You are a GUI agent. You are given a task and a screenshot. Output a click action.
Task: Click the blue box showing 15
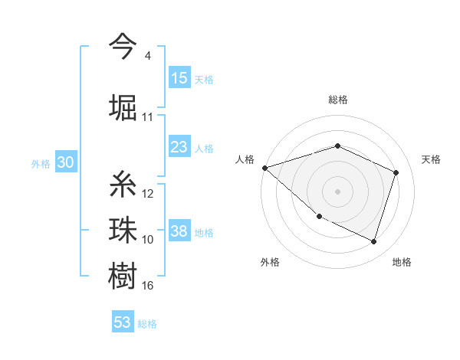[x=179, y=78]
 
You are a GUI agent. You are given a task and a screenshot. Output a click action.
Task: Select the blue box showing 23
[x=179, y=147]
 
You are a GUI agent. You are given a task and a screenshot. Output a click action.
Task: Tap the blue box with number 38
[x=179, y=232]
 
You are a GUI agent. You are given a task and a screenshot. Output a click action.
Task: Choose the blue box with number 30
[x=65, y=163]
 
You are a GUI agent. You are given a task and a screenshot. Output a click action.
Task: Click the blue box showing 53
[x=123, y=322]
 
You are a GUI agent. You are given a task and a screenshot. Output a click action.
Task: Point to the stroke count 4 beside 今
[x=148, y=56]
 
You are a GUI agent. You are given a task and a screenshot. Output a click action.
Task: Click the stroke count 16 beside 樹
[x=148, y=286]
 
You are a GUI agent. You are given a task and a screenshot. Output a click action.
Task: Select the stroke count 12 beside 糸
[x=148, y=194]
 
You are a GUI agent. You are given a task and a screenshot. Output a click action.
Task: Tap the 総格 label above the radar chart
[x=338, y=100]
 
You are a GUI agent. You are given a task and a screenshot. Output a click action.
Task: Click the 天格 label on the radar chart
[x=431, y=159]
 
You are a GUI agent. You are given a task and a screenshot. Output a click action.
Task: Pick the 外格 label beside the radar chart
[x=270, y=262]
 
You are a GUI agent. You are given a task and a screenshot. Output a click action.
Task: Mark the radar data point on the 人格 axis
[x=264, y=167]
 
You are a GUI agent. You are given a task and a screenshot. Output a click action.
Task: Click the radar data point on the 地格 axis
[x=373, y=241]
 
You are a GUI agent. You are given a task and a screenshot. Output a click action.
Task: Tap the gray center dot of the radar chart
[x=337, y=191]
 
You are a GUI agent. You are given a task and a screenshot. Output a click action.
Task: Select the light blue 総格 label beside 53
[x=147, y=323]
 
